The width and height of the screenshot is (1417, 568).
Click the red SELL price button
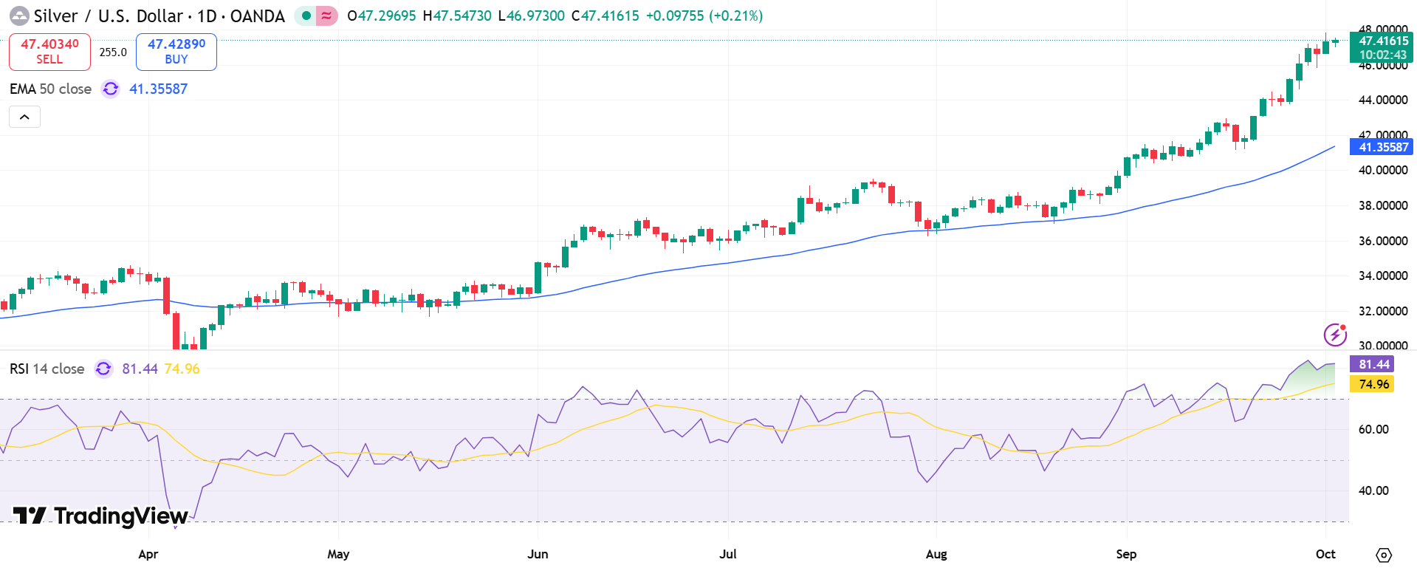tap(49, 52)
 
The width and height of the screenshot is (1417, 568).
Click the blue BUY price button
tap(176, 52)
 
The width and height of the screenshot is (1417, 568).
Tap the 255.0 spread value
tap(113, 52)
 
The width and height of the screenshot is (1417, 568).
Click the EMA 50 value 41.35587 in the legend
tap(158, 89)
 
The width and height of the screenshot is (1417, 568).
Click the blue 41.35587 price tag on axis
tap(1382, 147)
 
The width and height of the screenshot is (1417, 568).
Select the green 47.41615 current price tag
tap(1382, 47)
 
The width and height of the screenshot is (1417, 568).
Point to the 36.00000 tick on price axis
tap(1382, 241)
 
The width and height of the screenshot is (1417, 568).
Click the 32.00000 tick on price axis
tap(1382, 311)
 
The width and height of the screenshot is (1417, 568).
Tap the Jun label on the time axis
tap(538, 554)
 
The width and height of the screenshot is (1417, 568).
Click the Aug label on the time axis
tap(936, 554)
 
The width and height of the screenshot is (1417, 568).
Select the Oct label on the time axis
tap(1325, 554)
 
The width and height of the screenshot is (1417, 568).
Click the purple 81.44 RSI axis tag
tap(1373, 364)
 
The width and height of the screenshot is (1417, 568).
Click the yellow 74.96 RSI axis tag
tap(1373, 384)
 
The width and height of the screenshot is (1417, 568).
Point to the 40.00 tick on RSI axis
tap(1373, 490)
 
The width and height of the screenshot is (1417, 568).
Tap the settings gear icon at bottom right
tap(1385, 555)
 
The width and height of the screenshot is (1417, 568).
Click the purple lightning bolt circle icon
tap(1335, 335)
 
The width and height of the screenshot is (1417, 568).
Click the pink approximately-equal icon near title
tap(326, 16)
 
